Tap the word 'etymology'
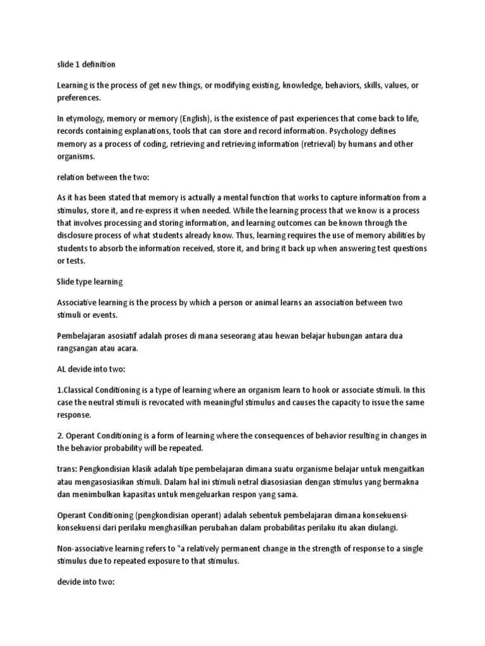point(87,119)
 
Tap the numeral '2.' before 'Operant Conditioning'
point(61,435)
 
